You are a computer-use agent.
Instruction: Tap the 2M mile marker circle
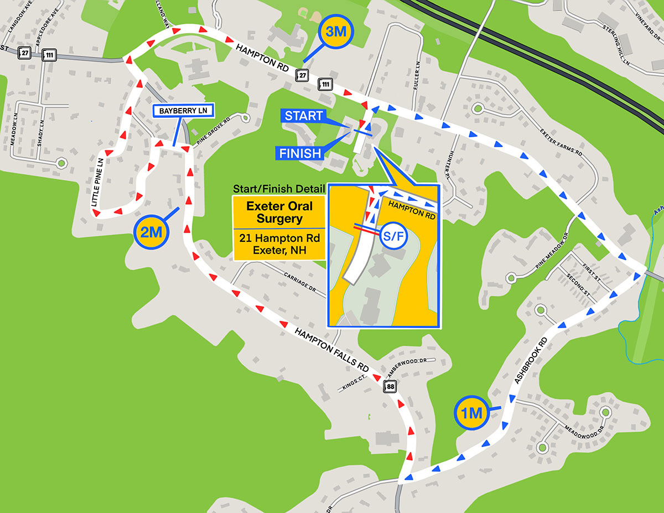coord(151,233)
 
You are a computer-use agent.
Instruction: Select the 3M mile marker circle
coord(336,32)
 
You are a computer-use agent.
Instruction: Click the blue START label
coord(303,116)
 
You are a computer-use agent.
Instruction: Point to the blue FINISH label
coord(300,153)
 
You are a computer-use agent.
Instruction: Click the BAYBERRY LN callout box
coord(183,111)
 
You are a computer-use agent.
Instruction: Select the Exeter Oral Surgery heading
coord(279,212)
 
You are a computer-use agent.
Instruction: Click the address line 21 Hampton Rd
coord(279,239)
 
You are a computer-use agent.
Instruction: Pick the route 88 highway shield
coord(391,387)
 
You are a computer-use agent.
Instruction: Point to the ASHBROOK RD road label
coord(530,361)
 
